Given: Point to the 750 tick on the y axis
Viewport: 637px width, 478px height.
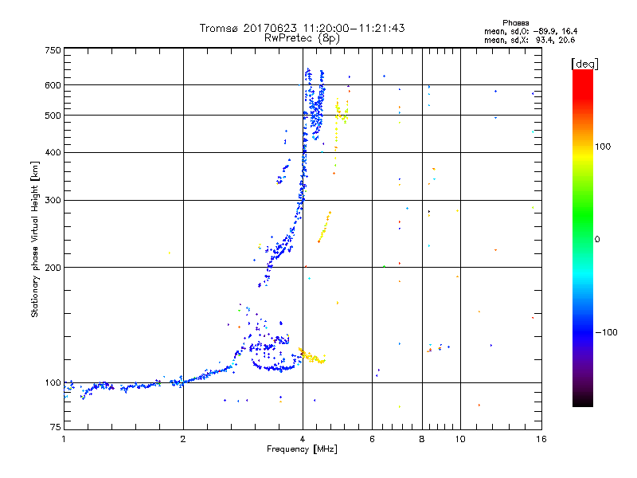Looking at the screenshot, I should pos(53,50).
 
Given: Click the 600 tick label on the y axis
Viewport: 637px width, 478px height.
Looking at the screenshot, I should pos(53,85).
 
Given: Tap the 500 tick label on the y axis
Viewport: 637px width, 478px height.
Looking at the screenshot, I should pos(53,116).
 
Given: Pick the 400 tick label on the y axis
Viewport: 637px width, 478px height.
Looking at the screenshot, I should pos(53,152).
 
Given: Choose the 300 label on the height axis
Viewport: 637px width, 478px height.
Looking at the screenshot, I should pos(53,200).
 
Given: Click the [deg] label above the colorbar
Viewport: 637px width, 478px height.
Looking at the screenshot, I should pos(584,63).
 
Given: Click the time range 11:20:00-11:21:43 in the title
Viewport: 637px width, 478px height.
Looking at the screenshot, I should pos(351,28).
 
